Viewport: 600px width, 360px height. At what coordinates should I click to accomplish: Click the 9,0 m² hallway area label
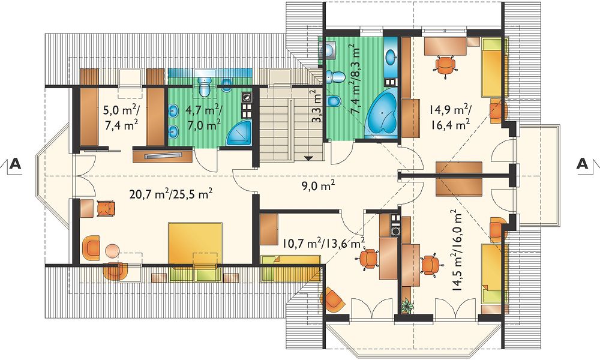click(x=317, y=186)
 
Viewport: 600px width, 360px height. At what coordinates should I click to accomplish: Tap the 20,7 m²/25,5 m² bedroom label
click(x=172, y=194)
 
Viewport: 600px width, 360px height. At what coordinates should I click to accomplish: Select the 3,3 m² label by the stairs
click(x=316, y=106)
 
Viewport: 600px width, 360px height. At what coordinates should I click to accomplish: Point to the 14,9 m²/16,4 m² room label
click(x=449, y=118)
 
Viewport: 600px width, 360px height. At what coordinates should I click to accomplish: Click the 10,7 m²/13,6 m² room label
click(x=324, y=244)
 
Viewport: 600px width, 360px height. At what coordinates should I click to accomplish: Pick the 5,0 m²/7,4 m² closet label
click(x=121, y=118)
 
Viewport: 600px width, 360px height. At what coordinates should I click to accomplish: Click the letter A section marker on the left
click(x=15, y=163)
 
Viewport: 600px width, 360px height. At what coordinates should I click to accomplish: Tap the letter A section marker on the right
click(x=583, y=163)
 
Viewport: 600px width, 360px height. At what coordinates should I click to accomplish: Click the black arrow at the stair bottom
click(x=308, y=158)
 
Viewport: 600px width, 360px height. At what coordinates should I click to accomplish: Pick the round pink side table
click(x=112, y=251)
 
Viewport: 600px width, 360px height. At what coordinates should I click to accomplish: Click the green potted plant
click(x=406, y=306)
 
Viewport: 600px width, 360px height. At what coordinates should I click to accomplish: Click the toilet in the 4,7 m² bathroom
click(x=205, y=86)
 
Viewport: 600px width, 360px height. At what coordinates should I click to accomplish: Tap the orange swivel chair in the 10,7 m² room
click(x=368, y=259)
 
